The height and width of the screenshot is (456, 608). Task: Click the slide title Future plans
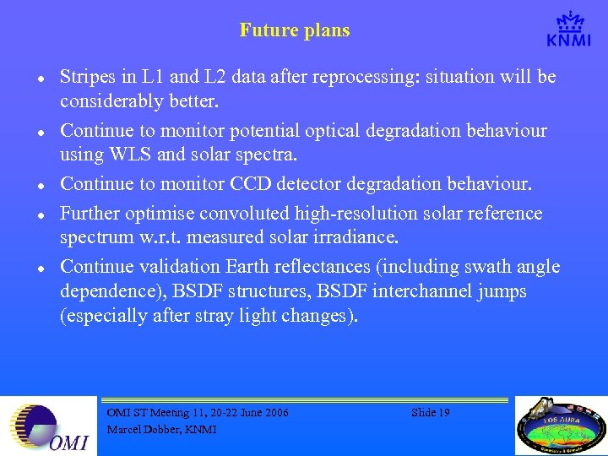click(294, 31)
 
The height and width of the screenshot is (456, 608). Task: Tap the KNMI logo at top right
click(567, 30)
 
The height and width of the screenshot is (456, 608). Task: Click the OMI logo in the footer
click(48, 426)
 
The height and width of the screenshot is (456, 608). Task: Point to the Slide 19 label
click(430, 413)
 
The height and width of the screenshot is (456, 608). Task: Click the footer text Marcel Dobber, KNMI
click(161, 430)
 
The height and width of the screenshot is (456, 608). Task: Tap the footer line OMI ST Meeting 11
click(198, 413)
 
